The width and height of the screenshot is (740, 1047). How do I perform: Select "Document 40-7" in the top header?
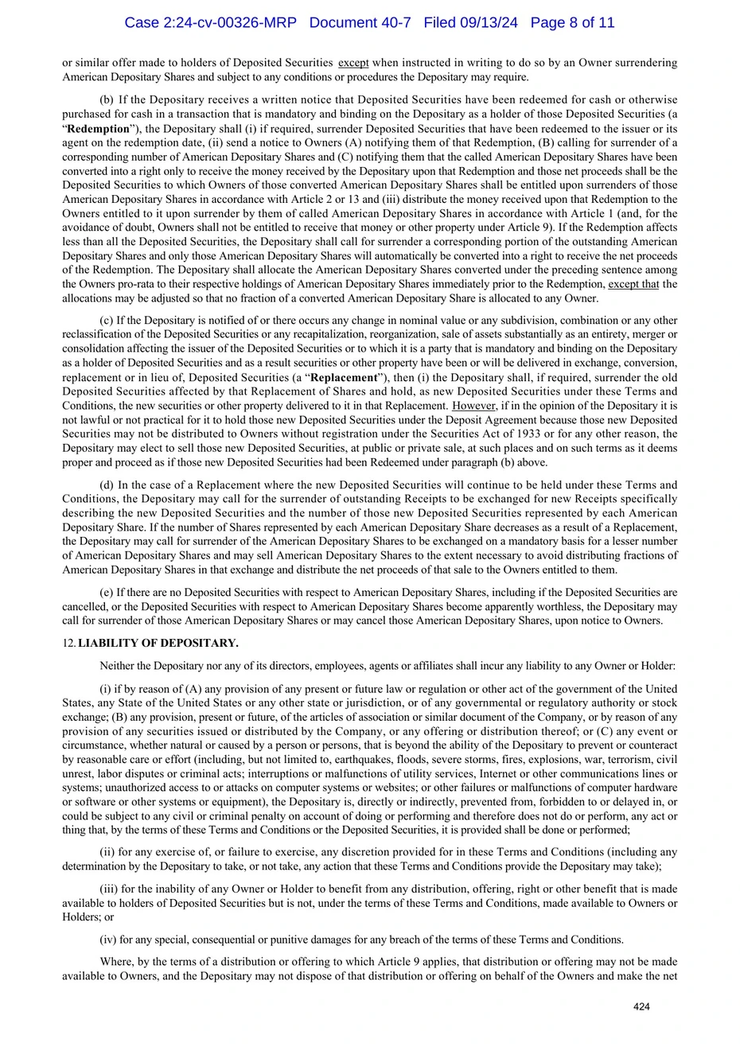[x=360, y=23]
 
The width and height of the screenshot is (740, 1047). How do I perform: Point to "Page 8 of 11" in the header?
[x=572, y=23]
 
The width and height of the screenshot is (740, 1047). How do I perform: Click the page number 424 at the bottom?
[x=641, y=1007]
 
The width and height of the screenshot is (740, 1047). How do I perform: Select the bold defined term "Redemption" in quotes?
[x=99, y=129]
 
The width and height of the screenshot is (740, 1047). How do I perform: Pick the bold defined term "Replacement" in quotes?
[x=343, y=377]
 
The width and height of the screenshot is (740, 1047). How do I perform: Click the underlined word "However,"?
[x=474, y=406]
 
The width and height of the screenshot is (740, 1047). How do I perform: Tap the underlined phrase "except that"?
[x=633, y=284]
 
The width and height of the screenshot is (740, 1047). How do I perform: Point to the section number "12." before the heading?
[x=69, y=643]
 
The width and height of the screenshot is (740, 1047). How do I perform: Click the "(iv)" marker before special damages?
[x=107, y=940]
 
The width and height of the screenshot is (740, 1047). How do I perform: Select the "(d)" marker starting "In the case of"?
[x=107, y=485]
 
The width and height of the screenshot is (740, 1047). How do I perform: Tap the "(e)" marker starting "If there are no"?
[x=107, y=592]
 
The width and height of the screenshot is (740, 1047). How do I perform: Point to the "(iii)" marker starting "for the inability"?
[x=108, y=889]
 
